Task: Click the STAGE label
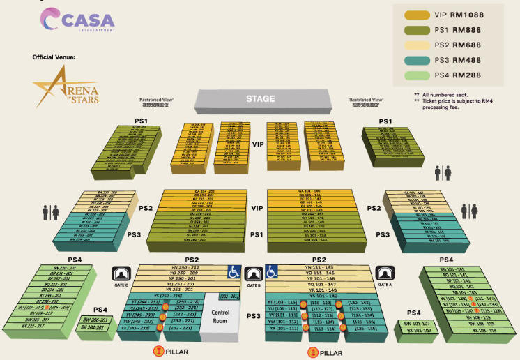pyautogui.click(x=260, y=99)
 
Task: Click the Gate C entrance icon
pyautogui.click(x=122, y=273)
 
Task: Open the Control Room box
pyautogui.click(x=220, y=317)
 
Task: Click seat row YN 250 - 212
pyautogui.click(x=182, y=267)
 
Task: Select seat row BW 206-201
pyautogui.click(x=95, y=320)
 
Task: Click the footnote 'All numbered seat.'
pyautogui.click(x=445, y=94)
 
